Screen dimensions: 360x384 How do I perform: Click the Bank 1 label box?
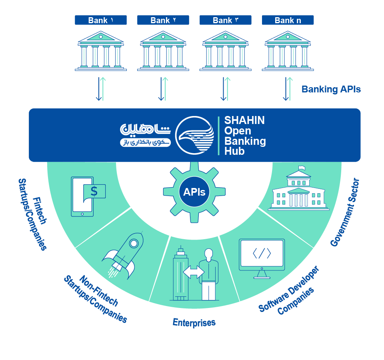(x=101, y=20)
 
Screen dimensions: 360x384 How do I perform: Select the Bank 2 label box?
(x=163, y=20)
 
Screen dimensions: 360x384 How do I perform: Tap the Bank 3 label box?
(x=226, y=20)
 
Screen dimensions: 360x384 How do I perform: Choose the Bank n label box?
(x=288, y=20)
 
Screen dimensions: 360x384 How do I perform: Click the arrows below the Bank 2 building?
(x=163, y=89)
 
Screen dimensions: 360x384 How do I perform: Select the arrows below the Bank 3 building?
(x=226, y=89)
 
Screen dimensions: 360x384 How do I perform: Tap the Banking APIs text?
(x=331, y=89)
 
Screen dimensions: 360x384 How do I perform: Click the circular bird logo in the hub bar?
(x=195, y=136)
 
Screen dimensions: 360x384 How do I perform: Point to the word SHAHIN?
(x=244, y=120)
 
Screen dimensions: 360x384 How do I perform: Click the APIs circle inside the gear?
(x=194, y=192)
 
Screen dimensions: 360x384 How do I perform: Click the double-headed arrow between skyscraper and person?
(x=194, y=272)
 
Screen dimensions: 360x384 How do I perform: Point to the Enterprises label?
(x=194, y=322)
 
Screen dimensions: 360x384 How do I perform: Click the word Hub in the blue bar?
(x=234, y=151)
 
